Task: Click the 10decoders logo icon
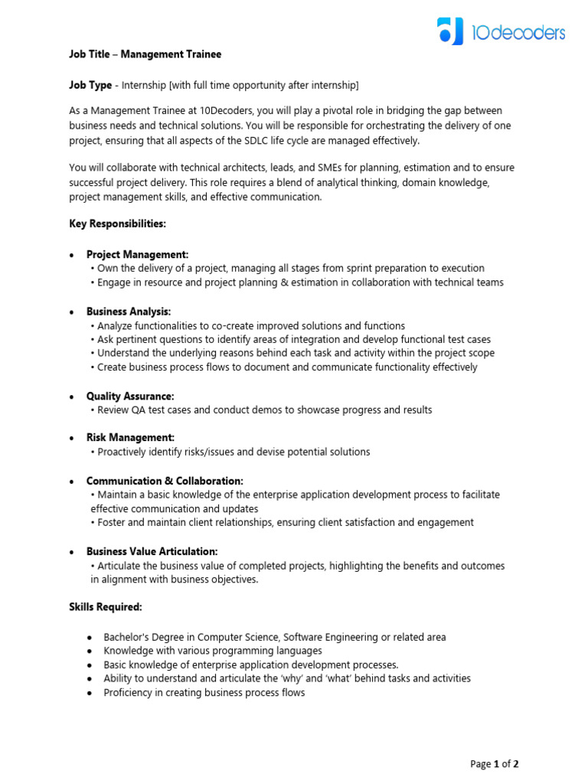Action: [x=451, y=31]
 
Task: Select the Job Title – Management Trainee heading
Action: [x=145, y=54]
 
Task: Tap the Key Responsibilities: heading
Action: [x=117, y=224]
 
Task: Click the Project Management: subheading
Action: [x=137, y=254]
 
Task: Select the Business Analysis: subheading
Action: [x=129, y=312]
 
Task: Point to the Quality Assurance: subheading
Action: [x=130, y=396]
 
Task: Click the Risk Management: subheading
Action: [x=130, y=438]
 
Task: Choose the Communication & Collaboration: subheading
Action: [x=165, y=481]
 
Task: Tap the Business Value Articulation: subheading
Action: [x=152, y=551]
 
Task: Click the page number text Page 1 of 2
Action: [x=495, y=763]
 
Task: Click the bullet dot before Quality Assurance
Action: [x=72, y=397]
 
